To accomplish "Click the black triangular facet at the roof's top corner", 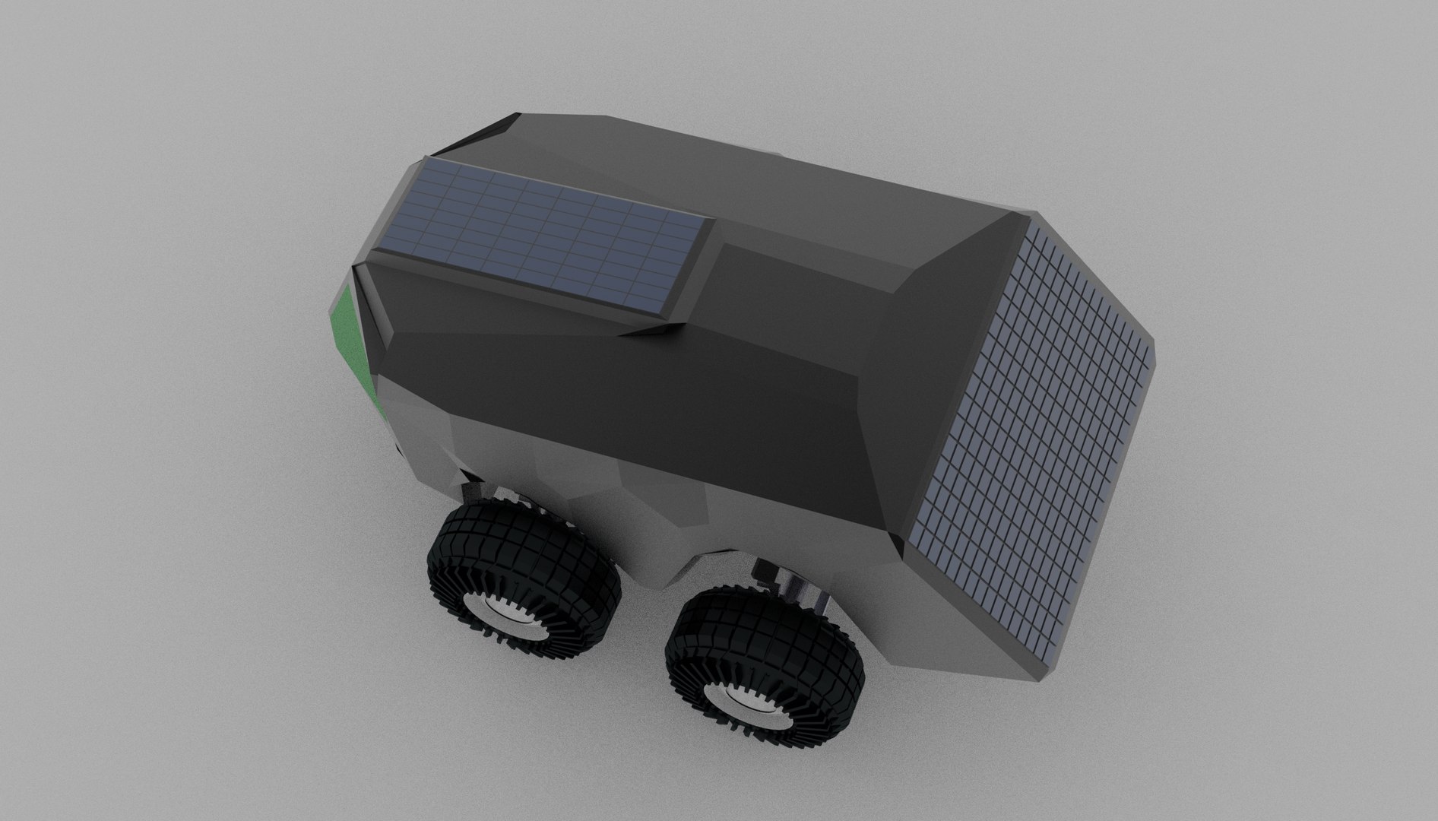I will point(486,137).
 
